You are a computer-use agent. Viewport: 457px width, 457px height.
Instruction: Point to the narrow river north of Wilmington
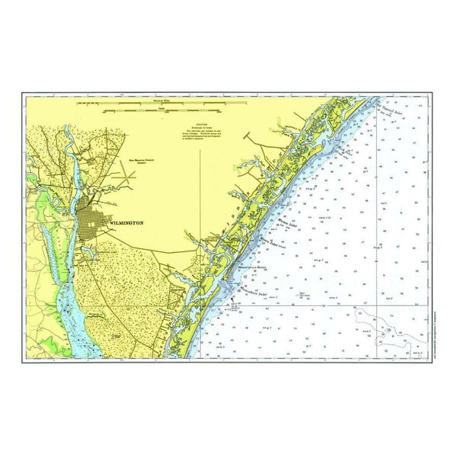[67, 145]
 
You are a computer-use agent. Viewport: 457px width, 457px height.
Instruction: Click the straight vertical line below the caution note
[200, 190]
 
